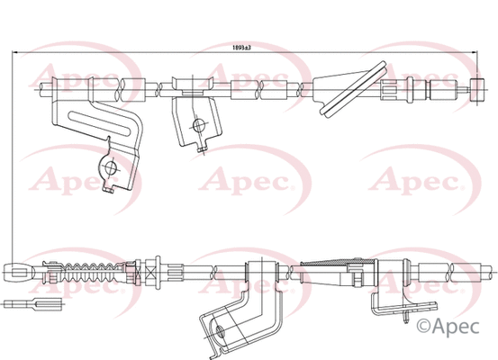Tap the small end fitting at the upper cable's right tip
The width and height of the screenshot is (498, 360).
[478, 87]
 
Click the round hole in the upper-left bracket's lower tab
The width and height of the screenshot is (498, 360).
[110, 166]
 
